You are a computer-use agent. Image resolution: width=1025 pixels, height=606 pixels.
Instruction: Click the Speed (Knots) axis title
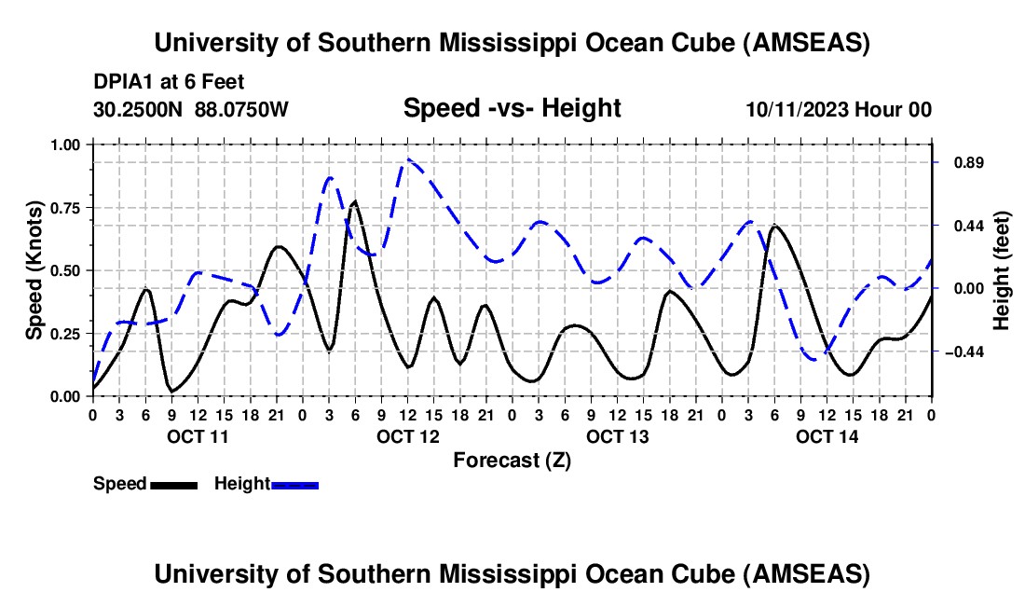pos(34,270)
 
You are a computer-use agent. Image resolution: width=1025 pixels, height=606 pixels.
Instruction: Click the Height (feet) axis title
pos(1002,270)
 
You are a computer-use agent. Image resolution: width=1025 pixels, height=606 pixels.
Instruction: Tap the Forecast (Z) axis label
pos(512,460)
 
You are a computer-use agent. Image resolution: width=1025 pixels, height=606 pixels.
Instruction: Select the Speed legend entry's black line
pos(173,485)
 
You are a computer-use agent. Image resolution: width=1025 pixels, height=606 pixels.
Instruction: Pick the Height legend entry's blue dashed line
pos(295,485)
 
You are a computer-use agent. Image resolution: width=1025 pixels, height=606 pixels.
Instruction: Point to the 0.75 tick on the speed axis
pos(65,208)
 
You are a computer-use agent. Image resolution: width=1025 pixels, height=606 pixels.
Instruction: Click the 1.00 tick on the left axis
pos(65,145)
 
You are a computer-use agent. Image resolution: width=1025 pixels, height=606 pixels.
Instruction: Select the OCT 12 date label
pos(407,436)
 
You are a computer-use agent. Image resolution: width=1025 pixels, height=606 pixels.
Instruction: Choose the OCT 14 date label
pos(827,436)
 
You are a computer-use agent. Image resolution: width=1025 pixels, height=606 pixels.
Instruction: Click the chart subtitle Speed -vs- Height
pos(512,108)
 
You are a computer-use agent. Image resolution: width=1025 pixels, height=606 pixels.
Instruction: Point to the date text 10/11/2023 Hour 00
pos(839,110)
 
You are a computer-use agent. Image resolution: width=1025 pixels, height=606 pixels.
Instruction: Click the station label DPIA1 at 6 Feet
pos(169,82)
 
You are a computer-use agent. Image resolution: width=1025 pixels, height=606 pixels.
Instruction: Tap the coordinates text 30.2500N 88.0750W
pos(191,110)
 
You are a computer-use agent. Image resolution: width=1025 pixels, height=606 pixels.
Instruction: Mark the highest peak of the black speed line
pos(354,201)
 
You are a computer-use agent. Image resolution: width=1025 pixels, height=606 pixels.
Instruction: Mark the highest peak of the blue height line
pos(407,160)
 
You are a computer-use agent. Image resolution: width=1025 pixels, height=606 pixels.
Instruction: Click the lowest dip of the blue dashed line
pos(817,360)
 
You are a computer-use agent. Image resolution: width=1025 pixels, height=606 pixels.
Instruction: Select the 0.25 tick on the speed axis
pos(65,334)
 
